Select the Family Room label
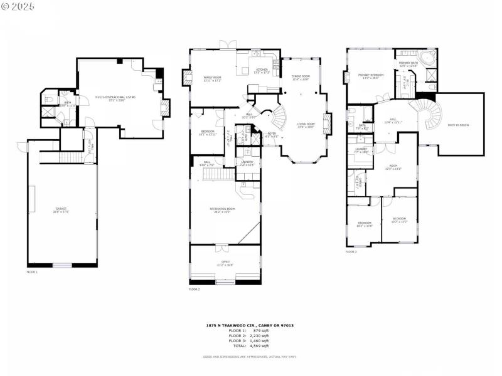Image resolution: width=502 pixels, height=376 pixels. [x=211, y=79]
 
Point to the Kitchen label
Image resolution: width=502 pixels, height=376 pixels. [x=261, y=70]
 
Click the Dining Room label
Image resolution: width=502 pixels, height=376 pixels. [x=301, y=78]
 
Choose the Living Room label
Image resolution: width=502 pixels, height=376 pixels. [x=306, y=125]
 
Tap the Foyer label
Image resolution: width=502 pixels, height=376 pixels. [x=271, y=133]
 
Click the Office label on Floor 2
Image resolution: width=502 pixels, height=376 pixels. [x=225, y=262]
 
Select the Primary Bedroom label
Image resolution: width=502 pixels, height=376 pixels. [x=369, y=76]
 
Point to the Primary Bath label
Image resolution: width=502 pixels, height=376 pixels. [x=407, y=63]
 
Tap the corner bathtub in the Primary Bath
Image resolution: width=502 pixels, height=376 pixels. [x=429, y=58]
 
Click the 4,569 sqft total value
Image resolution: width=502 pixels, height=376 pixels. [x=261, y=345]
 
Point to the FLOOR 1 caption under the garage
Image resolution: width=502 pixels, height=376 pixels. [x=32, y=272]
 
